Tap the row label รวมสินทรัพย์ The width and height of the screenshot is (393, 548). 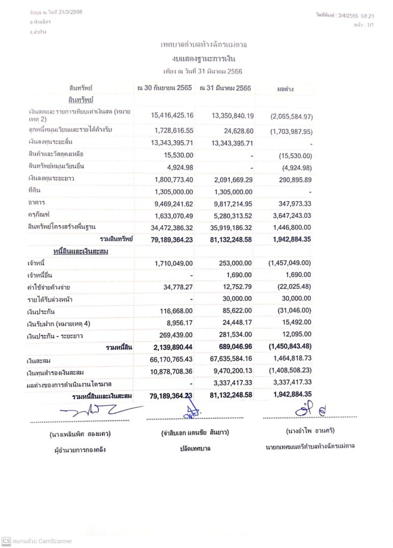pos(114,239)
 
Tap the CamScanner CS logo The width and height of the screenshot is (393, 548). pos(6,541)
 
